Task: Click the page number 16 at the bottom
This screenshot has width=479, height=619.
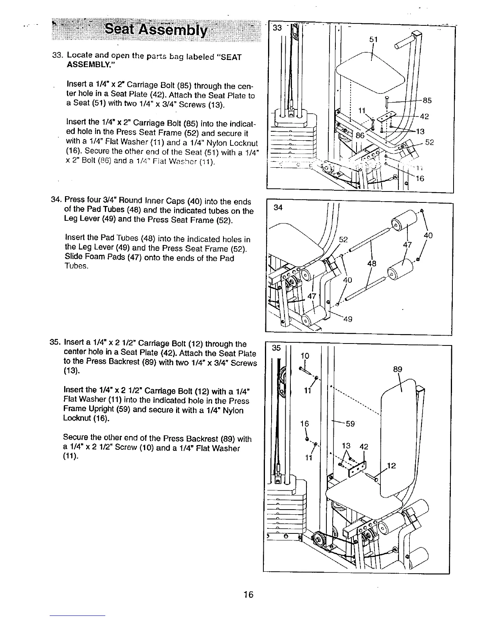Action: point(248,595)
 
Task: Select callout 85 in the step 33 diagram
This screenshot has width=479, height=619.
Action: point(427,100)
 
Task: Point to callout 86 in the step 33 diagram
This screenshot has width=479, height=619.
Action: point(360,136)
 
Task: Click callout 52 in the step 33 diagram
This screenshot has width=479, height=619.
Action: point(429,143)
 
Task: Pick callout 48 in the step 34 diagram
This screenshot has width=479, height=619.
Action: point(371,264)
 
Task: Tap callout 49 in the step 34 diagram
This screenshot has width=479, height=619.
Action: point(348,319)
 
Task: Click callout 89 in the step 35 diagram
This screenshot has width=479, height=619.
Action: point(397,369)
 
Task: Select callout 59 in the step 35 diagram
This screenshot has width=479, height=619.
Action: point(350,424)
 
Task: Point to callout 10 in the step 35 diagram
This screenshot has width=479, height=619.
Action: point(305,356)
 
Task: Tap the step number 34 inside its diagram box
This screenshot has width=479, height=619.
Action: point(278,208)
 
